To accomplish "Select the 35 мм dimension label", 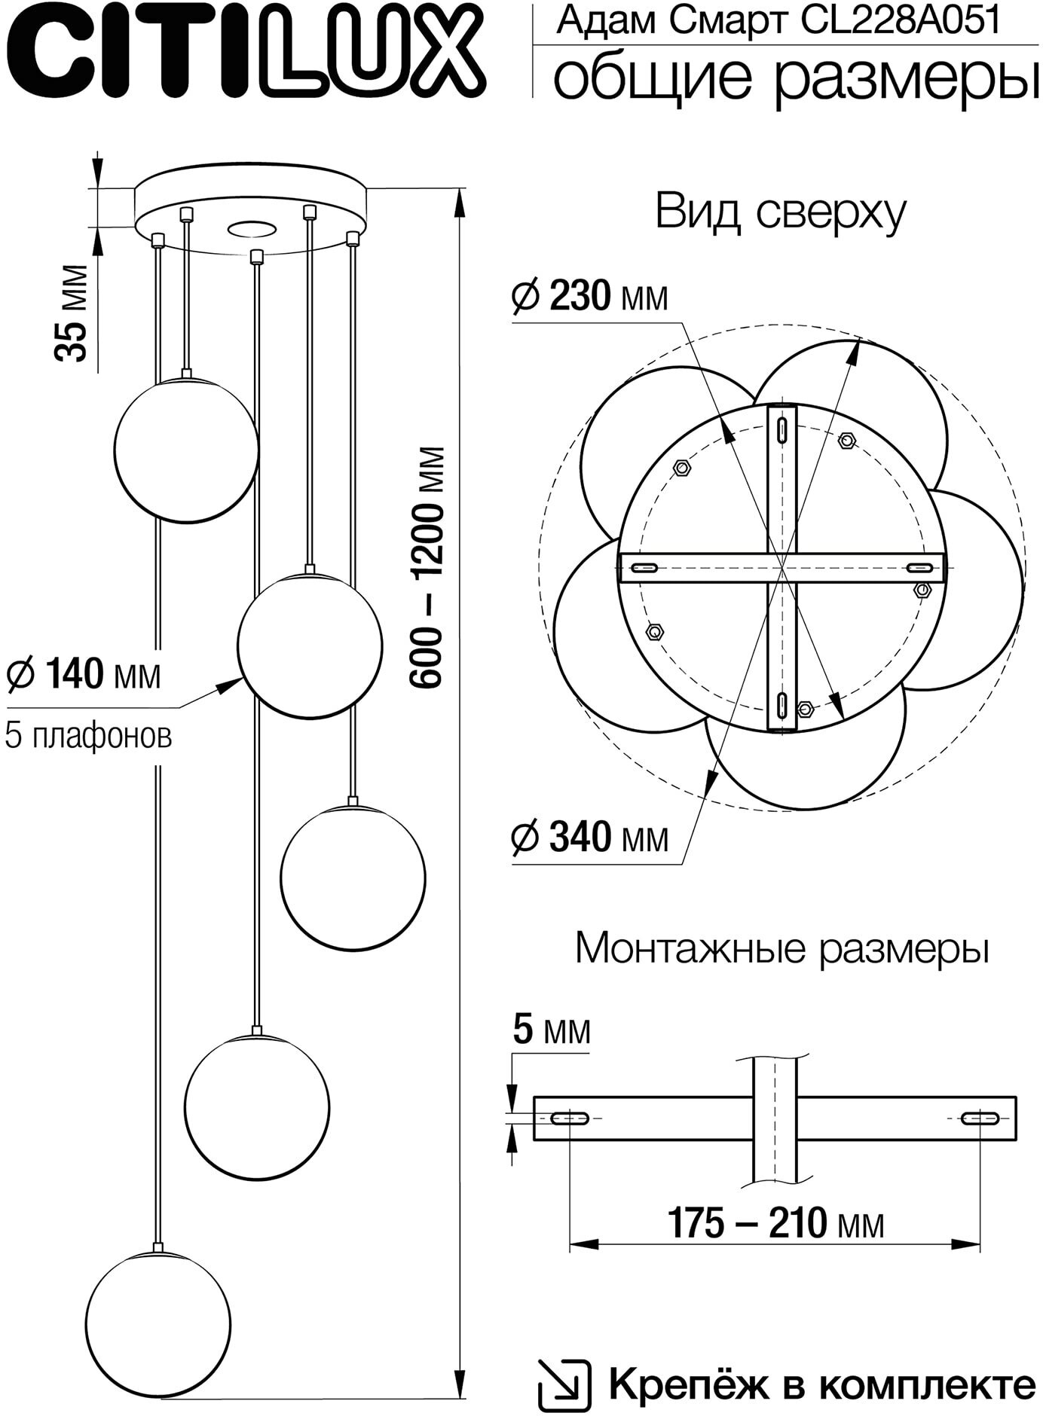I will tap(72, 312).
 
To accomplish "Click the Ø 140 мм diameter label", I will tap(84, 674).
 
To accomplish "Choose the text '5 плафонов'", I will tap(88, 735).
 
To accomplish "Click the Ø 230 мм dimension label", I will tap(590, 297).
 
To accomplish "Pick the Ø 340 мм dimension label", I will tap(590, 837).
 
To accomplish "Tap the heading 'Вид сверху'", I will tap(780, 213).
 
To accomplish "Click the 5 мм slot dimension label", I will tap(551, 1030).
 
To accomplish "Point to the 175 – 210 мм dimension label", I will tap(775, 1223).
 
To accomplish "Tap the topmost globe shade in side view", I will tap(186, 450).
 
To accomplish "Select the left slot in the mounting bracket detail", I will tap(571, 1118).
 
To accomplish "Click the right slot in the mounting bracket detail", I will tap(980, 1118).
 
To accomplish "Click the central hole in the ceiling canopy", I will tap(251, 228).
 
